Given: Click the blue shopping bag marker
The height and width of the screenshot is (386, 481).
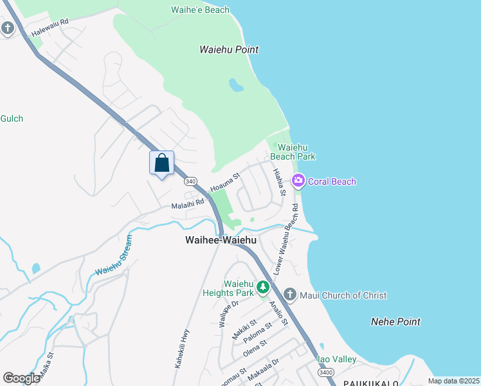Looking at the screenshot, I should [x=162, y=163].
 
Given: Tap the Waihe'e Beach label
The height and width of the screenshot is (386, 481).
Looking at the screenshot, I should [x=200, y=10].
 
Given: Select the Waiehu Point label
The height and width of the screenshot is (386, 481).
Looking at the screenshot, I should [x=228, y=50].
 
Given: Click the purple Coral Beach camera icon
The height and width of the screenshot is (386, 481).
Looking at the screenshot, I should [x=298, y=181].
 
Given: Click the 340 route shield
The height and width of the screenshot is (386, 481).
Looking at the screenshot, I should [x=190, y=182].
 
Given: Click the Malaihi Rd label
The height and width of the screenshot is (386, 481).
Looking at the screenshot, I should [x=187, y=205].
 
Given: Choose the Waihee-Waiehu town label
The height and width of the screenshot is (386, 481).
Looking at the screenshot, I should [x=221, y=240].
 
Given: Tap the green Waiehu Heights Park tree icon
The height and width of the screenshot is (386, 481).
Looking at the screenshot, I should [x=262, y=287].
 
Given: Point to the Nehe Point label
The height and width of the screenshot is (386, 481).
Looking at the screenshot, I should [x=395, y=322].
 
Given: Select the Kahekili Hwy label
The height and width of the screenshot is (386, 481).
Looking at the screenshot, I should [x=182, y=348].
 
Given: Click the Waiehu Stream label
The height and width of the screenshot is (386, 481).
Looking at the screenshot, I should [x=114, y=256].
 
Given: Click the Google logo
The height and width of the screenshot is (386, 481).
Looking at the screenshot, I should [x=21, y=378].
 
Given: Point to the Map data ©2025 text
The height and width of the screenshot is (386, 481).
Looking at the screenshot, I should [x=453, y=381].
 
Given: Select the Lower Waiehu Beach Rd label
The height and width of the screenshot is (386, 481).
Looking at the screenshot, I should [x=286, y=240].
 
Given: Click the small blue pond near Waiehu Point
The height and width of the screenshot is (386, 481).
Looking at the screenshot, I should [x=236, y=85].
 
